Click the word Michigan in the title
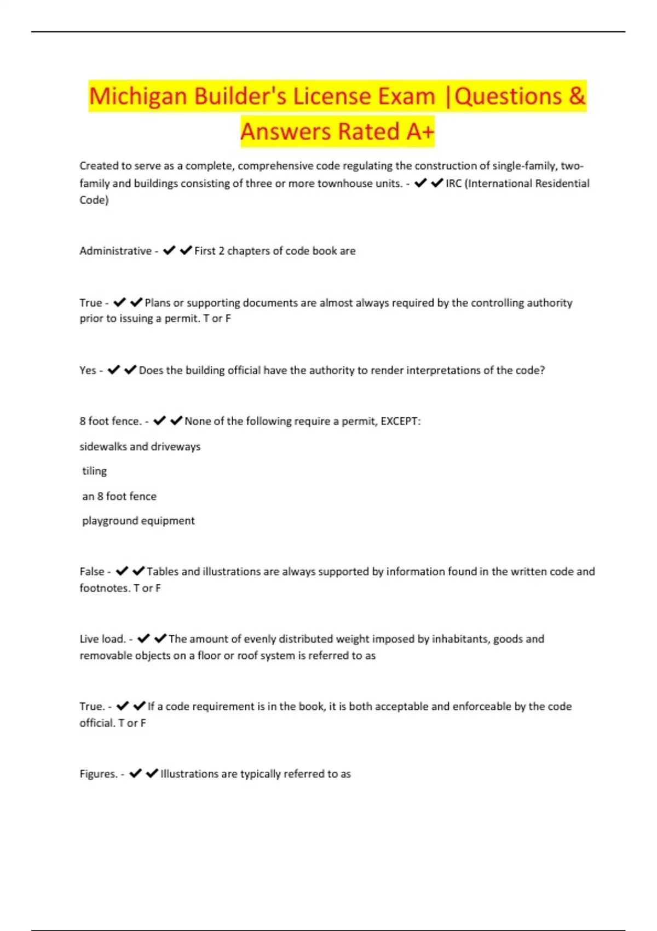[x=139, y=97]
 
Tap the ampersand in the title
[x=577, y=97]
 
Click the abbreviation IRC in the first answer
[x=453, y=183]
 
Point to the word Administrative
[x=116, y=251]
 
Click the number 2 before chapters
[x=221, y=251]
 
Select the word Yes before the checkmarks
[x=88, y=370]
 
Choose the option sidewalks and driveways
[x=140, y=446]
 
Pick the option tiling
[x=94, y=471]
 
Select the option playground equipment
[x=139, y=521]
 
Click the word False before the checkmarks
[x=92, y=572]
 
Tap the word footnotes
[x=105, y=588]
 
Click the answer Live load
[x=102, y=639]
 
